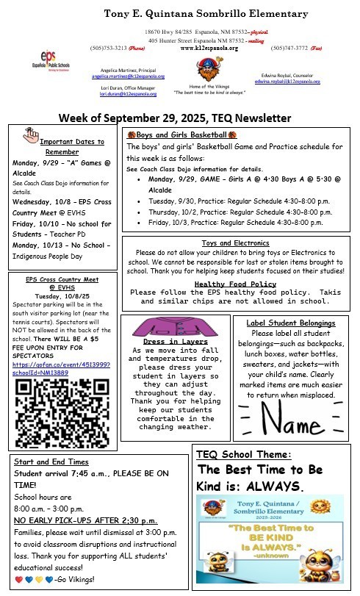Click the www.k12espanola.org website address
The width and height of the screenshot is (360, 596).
209,48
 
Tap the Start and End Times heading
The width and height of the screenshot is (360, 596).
51,462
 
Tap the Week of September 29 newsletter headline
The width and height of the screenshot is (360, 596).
174,118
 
